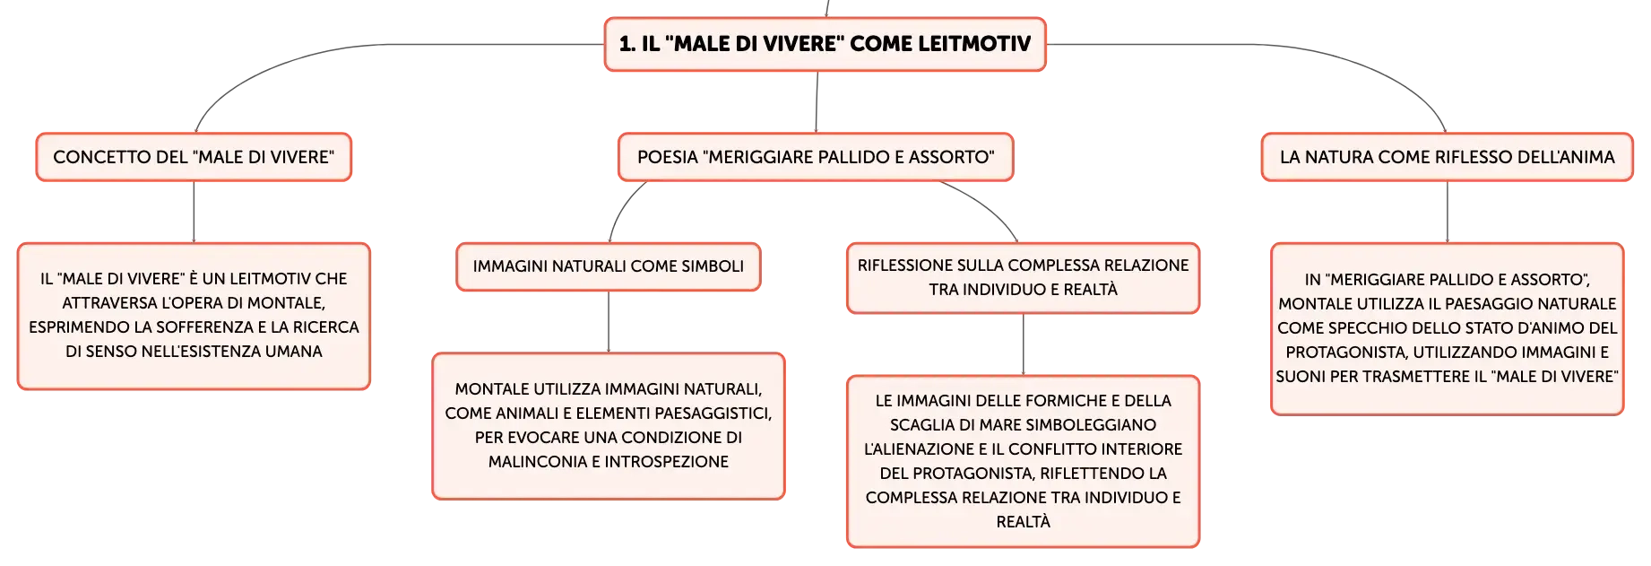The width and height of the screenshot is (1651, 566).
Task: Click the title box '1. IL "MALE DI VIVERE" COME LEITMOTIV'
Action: [825, 44]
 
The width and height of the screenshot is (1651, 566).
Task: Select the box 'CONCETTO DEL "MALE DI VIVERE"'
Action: [194, 157]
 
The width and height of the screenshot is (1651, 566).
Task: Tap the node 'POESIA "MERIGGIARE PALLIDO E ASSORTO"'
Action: [816, 157]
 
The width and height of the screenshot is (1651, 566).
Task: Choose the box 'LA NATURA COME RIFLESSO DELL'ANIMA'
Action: [1447, 157]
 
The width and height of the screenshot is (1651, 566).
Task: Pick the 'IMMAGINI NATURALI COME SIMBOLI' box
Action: [609, 266]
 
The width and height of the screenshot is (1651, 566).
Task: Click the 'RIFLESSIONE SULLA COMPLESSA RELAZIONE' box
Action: [1023, 278]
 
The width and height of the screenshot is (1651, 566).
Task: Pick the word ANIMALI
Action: [526, 414]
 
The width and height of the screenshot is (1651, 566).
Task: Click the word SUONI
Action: [1301, 377]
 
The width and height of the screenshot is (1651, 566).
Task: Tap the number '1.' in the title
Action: [627, 44]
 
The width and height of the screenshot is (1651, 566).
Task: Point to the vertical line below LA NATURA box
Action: [1448, 212]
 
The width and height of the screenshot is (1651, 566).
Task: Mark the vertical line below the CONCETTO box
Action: [194, 212]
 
